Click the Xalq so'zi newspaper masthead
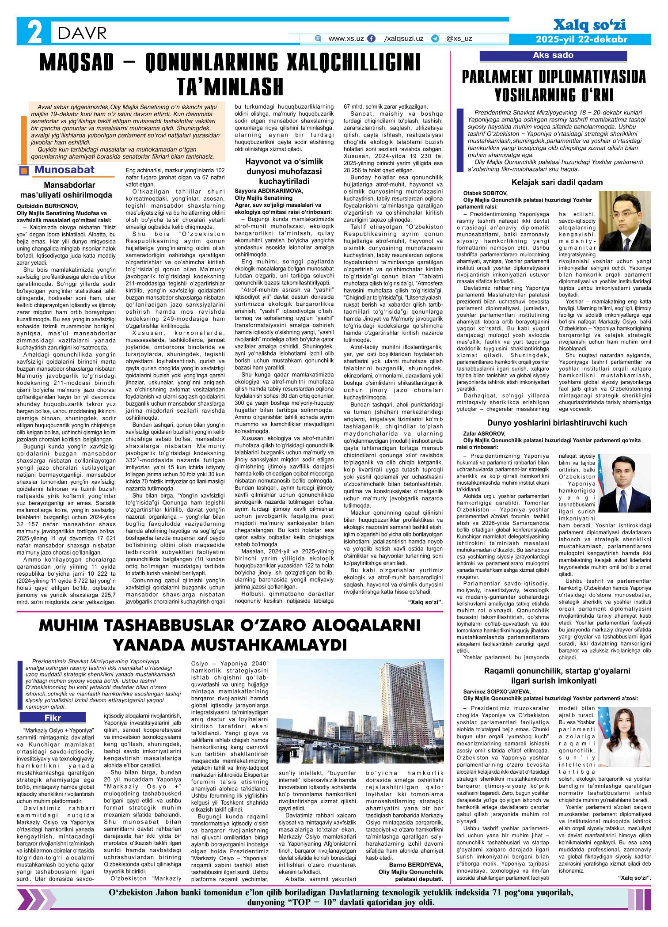coord(589,26)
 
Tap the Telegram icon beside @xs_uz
coord(435,39)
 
